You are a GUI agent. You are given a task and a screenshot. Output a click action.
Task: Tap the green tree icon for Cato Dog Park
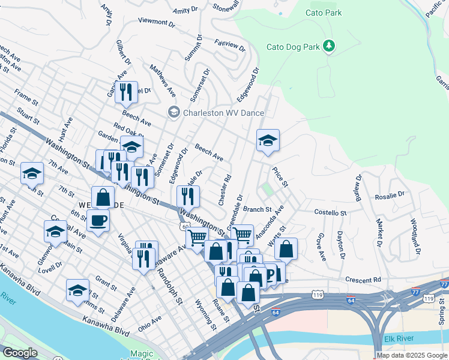click(x=328, y=46)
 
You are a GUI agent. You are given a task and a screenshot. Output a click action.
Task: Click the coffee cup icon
click(x=98, y=220)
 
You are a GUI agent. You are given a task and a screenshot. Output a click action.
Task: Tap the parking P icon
click(x=270, y=275)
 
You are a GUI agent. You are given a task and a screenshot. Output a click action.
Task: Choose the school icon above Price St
click(x=268, y=141)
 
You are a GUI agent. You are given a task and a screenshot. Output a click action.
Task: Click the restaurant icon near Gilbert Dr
click(x=126, y=92)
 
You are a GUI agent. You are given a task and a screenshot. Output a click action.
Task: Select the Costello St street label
click(x=331, y=212)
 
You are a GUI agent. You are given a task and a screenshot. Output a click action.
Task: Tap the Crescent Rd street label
click(x=363, y=280)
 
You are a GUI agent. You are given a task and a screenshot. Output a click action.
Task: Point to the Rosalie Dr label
click(x=390, y=195)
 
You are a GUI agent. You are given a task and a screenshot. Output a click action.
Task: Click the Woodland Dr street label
click(x=415, y=235)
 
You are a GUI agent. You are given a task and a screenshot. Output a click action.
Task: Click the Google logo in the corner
click(x=20, y=353)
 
